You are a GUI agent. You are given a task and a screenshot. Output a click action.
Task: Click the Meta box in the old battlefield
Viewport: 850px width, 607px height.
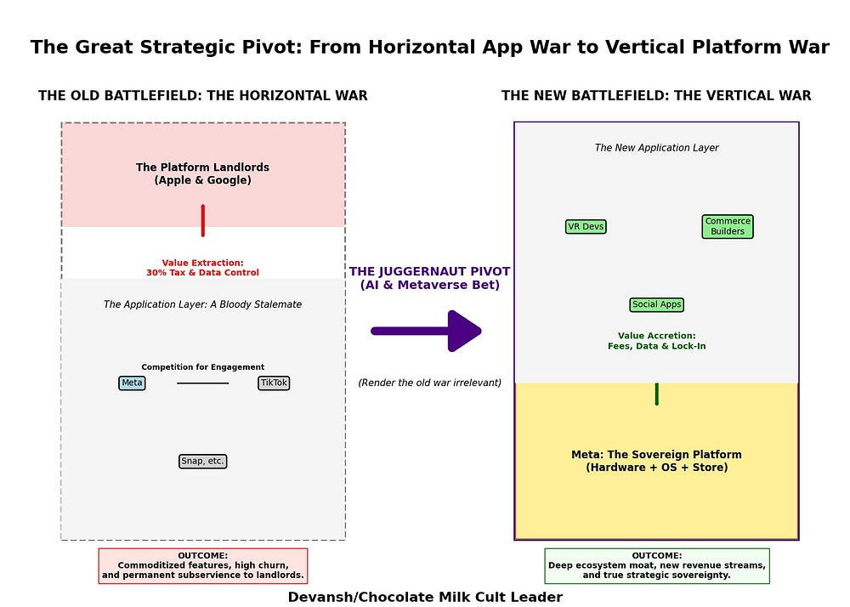pos(132,383)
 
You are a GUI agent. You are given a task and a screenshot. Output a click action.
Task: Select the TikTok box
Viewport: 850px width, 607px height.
pos(274,383)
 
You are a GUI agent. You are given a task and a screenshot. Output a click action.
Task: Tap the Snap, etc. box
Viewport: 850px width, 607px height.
pos(202,462)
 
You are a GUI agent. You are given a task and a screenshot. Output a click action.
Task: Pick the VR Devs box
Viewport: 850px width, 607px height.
pos(586,227)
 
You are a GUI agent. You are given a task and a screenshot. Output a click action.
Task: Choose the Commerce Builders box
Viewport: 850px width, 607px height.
pos(728,227)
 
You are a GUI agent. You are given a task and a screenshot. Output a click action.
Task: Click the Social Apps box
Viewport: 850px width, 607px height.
pos(656,305)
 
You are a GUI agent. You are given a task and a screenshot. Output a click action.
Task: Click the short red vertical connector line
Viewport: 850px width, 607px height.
pos(202,220)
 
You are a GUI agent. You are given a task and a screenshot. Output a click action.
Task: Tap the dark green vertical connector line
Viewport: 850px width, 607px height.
pos(656,394)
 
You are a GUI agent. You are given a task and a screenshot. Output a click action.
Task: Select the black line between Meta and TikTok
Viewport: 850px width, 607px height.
pos(202,383)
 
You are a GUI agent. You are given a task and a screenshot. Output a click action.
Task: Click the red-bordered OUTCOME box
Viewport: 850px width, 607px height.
pos(202,566)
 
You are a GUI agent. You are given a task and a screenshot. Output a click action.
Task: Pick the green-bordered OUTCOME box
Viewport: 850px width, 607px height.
pos(656,566)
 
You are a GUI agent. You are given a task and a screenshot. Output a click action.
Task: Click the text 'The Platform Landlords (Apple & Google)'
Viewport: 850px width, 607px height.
pos(202,174)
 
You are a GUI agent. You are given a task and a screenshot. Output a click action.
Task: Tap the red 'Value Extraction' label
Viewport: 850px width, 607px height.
pos(202,268)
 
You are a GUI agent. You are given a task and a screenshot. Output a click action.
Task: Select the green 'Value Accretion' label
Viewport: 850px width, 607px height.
pos(656,341)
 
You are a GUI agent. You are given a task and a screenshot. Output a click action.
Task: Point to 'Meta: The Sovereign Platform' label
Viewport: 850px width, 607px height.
pos(656,461)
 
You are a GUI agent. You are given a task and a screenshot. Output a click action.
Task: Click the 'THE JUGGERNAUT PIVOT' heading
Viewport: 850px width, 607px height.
pos(429,278)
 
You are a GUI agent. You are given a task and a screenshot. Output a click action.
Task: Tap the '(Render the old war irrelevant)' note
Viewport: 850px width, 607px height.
pos(429,383)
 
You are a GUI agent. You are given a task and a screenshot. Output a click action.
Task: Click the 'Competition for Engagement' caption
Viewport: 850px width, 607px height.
pos(202,367)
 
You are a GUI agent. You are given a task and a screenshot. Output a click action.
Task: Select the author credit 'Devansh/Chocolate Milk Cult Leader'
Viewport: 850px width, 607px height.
pos(425,597)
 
